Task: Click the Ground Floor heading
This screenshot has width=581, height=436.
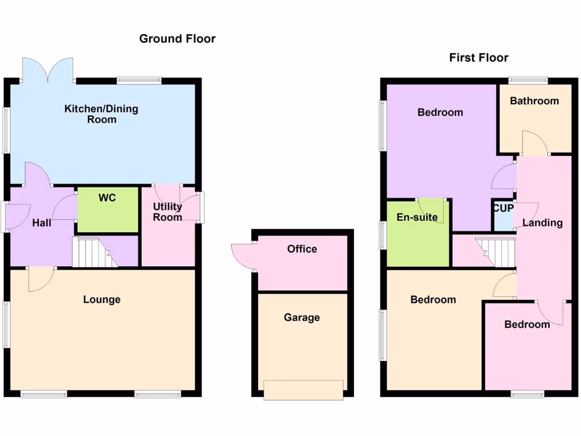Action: point(177,39)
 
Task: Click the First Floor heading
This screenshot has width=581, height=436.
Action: point(478,57)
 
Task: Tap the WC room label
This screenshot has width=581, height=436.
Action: point(107,198)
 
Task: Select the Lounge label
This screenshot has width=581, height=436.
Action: point(102,299)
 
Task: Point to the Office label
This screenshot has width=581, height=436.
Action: point(302,249)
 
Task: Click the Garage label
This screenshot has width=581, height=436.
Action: point(302,317)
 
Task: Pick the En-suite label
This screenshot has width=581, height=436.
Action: point(417,217)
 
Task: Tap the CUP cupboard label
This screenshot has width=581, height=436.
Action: point(503,208)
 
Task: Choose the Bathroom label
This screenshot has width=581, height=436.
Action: point(534,101)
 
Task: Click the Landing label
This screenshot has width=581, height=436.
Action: point(542,223)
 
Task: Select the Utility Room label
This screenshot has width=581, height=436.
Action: point(167,211)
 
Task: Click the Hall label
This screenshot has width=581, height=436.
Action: point(41,223)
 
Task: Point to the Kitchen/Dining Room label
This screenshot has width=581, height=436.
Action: point(101,114)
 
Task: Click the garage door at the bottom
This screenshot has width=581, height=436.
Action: point(304,390)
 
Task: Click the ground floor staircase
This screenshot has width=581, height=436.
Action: point(94,253)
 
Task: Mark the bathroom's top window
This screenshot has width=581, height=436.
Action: point(528,80)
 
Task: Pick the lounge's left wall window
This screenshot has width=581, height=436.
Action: point(6,324)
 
